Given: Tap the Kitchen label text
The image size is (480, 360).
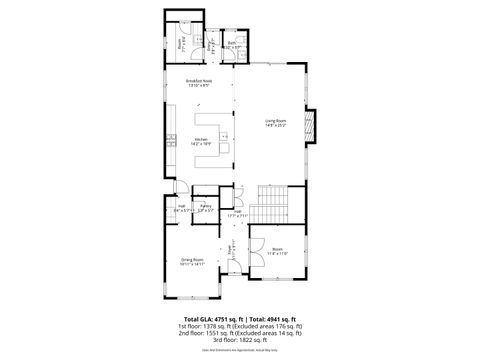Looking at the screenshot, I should tap(201, 141).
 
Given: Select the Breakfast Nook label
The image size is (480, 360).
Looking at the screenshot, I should tap(201, 82).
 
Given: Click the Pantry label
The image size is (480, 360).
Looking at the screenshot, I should tap(205, 209).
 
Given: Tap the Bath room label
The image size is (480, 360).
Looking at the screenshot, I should tap(232, 45).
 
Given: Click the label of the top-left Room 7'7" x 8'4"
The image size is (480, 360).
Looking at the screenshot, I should tap(181, 43).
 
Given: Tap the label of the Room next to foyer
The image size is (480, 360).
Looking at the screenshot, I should tap(277, 252).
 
